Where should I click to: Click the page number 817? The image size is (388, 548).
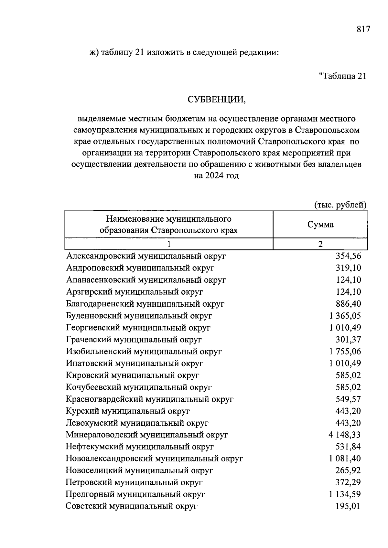click(x=363, y=29)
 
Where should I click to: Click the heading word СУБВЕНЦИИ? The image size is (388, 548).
click(x=217, y=100)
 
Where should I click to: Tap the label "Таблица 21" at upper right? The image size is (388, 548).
click(x=342, y=76)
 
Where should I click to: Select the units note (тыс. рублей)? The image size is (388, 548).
click(x=340, y=205)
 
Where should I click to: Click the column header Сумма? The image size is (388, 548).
click(x=320, y=225)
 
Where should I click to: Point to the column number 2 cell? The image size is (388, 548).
click(x=320, y=244)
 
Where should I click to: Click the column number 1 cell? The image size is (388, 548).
click(x=169, y=244)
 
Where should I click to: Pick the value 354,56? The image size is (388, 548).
click(x=348, y=256)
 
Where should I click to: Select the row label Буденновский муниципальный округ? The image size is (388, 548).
click(x=139, y=316)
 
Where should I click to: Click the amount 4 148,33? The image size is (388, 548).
click(x=345, y=435)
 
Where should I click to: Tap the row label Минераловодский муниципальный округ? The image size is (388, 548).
click(x=147, y=435)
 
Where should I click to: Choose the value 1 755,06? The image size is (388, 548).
click(x=345, y=352)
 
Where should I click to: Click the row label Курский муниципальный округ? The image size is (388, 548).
click(x=128, y=411)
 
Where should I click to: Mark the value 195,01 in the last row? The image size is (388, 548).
click(x=348, y=506)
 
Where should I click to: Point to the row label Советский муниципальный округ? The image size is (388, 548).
click(x=131, y=506)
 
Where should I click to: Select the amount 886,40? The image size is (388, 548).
click(x=348, y=304)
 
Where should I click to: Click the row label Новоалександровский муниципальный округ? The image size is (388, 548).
click(x=154, y=459)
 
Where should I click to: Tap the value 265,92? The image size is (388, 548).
click(x=348, y=470)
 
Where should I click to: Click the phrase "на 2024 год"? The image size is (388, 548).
click(x=216, y=176)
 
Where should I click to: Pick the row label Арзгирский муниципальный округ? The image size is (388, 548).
click(x=135, y=292)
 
